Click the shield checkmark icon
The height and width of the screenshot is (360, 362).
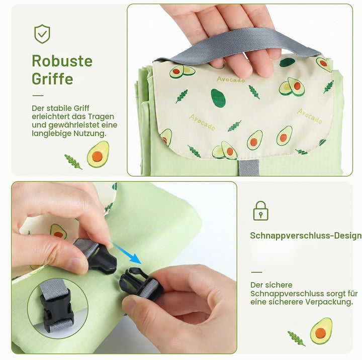click(x=42, y=34)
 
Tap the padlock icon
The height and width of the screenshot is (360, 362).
click(x=260, y=210)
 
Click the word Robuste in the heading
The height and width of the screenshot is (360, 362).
click(x=62, y=61)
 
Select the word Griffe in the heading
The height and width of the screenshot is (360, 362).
click(x=52, y=79)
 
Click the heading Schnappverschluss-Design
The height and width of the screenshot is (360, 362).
click(x=306, y=235)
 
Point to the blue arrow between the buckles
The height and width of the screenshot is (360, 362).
click(x=127, y=253)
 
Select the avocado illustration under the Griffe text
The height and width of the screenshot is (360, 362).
click(x=98, y=154)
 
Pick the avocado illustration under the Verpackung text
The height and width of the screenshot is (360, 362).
click(x=321, y=331)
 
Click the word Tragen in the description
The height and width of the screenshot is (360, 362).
click(x=101, y=116)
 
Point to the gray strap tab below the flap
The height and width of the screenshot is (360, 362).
click(x=249, y=167)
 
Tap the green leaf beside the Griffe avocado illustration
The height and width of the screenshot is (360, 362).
click(x=73, y=162)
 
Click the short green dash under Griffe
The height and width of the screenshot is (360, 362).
click(x=38, y=95)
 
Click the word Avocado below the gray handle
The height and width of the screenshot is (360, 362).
click(x=231, y=80)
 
